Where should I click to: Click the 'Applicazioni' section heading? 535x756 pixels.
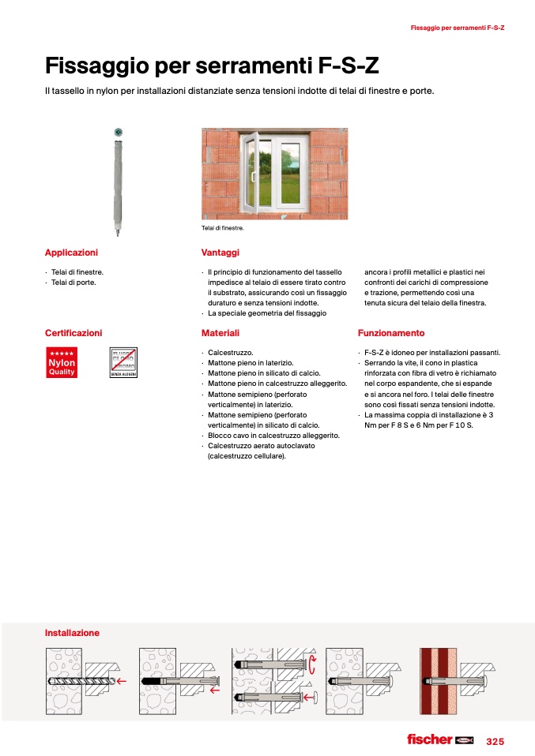tap(71, 253)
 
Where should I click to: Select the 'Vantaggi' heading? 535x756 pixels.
tap(220, 253)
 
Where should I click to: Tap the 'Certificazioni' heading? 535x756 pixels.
tap(73, 333)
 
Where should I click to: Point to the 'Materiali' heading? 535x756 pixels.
tap(220, 333)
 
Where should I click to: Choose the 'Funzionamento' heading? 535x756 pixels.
tap(390, 333)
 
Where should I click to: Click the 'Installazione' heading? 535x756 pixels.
tap(72, 633)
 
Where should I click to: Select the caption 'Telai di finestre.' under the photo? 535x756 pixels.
tap(224, 228)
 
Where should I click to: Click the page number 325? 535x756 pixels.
tap(495, 742)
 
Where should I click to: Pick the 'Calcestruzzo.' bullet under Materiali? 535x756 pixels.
tap(230, 353)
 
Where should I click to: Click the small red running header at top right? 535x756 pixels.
tap(458, 28)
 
